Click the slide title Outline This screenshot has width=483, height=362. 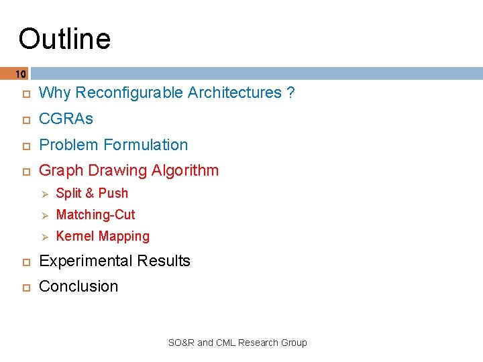coord(64,39)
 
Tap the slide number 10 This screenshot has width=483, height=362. coord(20,74)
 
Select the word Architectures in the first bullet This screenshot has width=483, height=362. coord(235,93)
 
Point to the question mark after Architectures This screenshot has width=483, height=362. coord(290,93)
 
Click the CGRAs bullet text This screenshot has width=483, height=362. coord(66,119)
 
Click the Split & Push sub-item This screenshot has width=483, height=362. coord(92,193)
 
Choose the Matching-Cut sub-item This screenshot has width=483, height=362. coord(95,215)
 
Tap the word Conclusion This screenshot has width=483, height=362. coord(78,286)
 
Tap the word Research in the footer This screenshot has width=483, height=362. coord(256,343)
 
